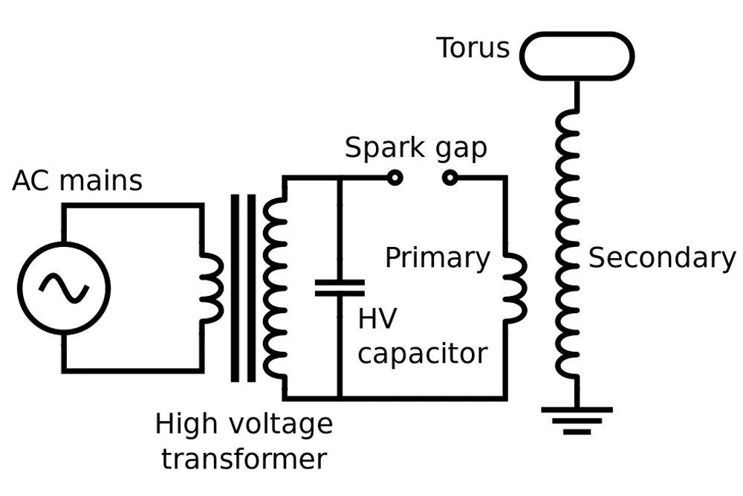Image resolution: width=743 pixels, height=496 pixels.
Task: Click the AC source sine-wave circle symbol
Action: click(64, 288)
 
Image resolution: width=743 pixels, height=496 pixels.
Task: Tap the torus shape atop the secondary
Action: click(577, 56)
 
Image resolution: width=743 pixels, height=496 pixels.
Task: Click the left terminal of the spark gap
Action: click(395, 178)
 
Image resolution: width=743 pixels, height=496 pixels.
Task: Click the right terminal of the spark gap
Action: click(450, 178)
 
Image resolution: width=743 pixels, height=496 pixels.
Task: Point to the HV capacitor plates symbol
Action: click(340, 288)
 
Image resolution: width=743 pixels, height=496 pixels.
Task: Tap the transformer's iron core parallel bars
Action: click(243, 288)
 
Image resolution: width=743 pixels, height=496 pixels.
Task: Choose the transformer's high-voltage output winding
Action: click(275, 288)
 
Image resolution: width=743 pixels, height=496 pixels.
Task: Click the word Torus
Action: click(473, 48)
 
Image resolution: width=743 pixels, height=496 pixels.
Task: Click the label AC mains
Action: click(77, 181)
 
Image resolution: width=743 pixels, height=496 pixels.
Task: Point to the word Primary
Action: click(438, 259)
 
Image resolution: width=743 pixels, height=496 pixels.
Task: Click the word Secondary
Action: click(661, 257)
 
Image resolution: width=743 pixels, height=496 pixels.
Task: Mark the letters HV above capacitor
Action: click(377, 319)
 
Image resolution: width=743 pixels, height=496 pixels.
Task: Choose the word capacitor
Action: click(422, 353)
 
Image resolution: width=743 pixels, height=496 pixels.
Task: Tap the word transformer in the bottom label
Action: click(244, 459)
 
